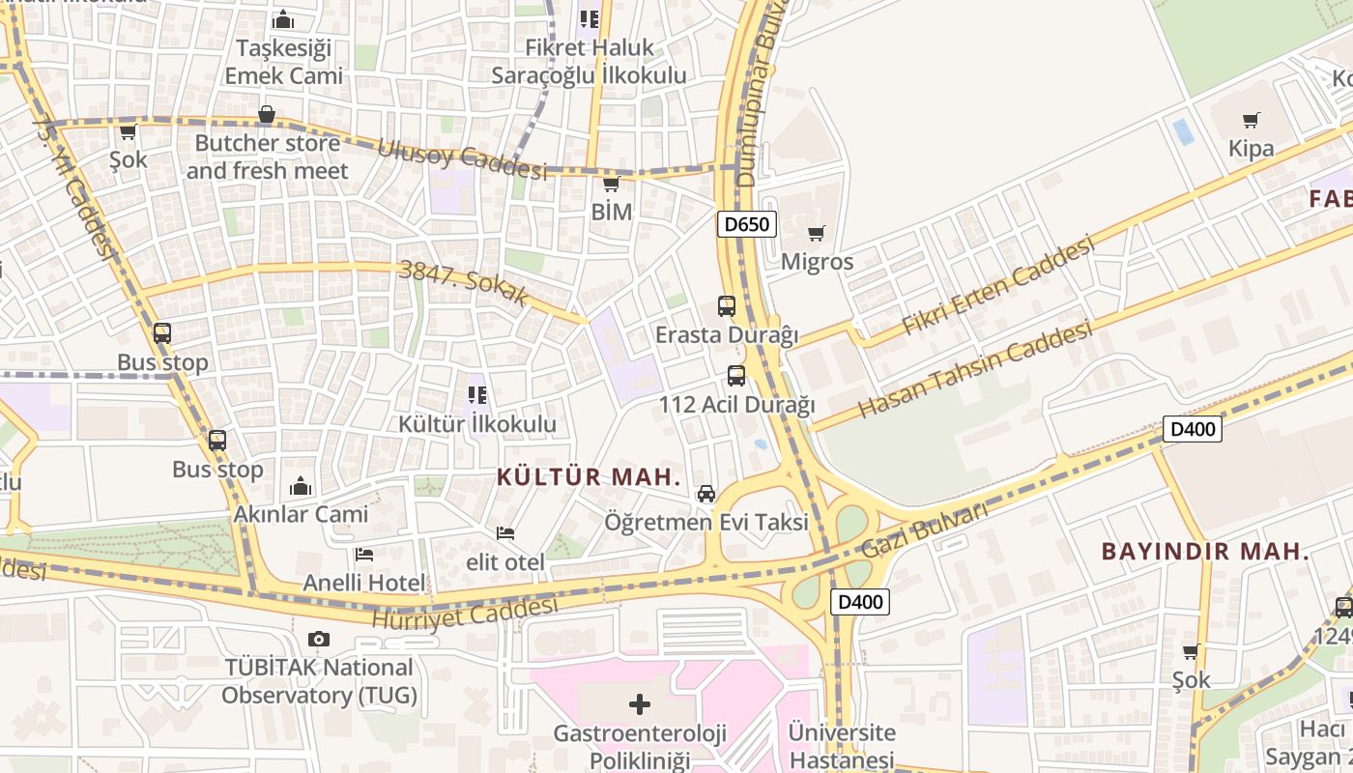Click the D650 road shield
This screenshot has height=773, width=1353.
(747, 224)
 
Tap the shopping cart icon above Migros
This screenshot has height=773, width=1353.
(817, 233)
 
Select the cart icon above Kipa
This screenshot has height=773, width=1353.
(1251, 120)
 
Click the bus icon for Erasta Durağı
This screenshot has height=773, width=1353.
(727, 306)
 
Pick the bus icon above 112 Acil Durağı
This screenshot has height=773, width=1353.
(736, 375)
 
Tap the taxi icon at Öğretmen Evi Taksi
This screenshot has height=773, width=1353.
(706, 493)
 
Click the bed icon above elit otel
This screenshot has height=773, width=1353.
(504, 532)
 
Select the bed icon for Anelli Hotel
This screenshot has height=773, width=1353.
(364, 554)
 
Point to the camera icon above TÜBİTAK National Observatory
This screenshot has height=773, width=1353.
(318, 639)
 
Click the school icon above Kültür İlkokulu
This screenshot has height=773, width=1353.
(476, 394)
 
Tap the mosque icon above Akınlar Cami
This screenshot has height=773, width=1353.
(301, 485)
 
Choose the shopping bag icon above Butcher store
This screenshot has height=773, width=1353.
(267, 115)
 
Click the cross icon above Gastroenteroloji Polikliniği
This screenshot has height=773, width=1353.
(639, 703)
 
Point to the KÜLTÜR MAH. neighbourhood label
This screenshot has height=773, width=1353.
(589, 476)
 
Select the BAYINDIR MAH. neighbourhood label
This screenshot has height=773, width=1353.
(1205, 553)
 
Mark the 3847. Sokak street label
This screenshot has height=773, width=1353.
(463, 282)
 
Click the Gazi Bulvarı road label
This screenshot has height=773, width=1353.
(924, 531)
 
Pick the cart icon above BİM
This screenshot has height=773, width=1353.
(610, 184)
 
